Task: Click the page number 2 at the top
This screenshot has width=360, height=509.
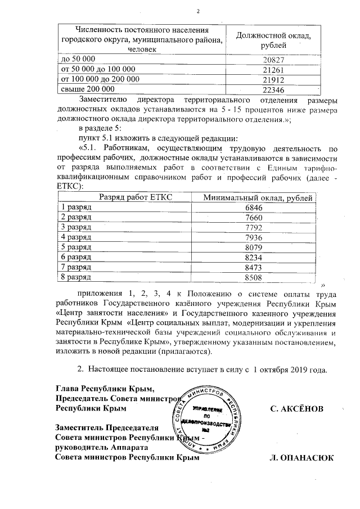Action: pos(198,12)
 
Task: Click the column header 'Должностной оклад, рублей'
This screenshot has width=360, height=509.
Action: pos(274,39)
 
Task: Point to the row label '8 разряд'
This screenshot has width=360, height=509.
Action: pos(76,277)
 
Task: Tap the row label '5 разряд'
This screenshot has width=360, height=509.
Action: pos(76,247)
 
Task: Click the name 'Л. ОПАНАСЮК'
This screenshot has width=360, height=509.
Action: pos(302,458)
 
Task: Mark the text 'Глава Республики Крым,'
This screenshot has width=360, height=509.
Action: pos(104,388)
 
